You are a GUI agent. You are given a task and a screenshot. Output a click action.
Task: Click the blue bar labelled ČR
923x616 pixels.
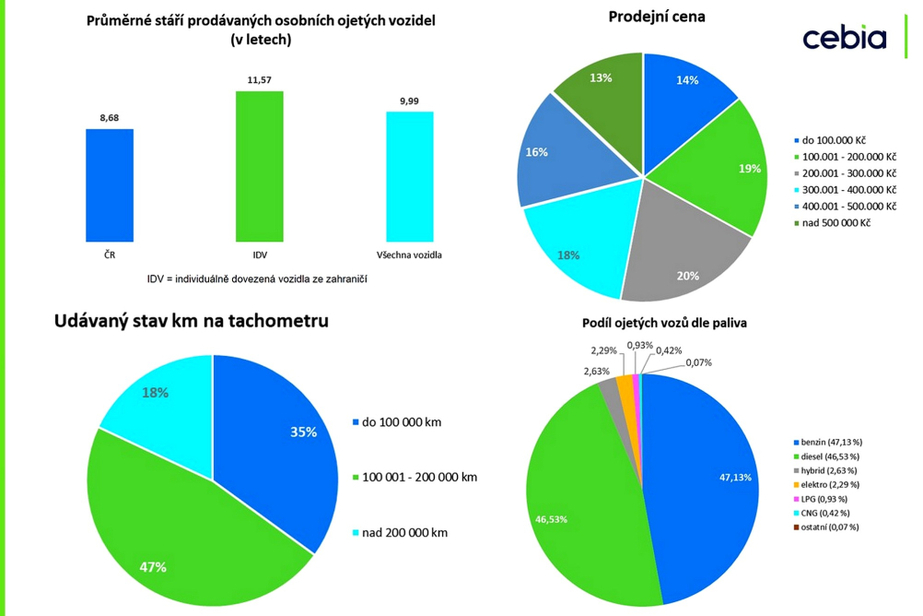point(110,184)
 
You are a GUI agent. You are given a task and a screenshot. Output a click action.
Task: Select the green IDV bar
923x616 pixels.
point(259,166)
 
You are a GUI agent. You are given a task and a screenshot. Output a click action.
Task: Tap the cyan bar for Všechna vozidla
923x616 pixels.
point(409,176)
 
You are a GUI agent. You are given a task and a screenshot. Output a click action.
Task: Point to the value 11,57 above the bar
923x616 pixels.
point(260,80)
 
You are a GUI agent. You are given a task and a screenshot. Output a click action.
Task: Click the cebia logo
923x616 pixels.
point(844,38)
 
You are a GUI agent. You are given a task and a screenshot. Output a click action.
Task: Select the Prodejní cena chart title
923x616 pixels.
point(657,17)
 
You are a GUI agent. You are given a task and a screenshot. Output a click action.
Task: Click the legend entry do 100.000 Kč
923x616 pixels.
point(833,140)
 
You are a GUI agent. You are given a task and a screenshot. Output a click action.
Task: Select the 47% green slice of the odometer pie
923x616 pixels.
point(175,544)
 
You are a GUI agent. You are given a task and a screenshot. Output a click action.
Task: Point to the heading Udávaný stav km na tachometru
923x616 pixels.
point(192,321)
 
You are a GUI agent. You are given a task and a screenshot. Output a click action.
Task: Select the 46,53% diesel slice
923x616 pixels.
point(571,507)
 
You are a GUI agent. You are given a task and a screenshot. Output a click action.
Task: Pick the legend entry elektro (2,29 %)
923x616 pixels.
point(830,484)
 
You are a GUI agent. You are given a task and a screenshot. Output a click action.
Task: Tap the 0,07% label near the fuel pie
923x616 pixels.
point(697,362)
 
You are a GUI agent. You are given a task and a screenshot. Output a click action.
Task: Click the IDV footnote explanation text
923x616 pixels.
point(257,278)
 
